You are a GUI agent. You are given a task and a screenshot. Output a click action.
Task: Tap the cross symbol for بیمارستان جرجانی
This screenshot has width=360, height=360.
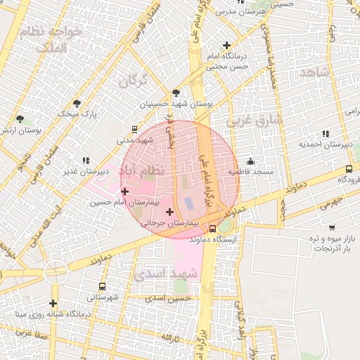click(169, 212)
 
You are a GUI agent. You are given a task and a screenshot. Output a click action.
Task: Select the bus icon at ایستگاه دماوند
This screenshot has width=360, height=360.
click(212, 229)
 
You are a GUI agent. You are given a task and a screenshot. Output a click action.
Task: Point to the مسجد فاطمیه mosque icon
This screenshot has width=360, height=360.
click(251, 162)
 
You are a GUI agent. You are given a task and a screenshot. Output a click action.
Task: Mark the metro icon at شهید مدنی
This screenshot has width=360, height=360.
click(134, 129)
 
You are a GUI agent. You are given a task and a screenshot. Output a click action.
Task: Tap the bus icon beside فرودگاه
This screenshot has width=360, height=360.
click(349, 169)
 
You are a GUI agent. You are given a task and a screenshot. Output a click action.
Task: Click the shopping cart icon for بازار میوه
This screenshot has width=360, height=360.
click(331, 229)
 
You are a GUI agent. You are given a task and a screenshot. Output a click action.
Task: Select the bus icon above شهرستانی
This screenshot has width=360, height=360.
click(103, 286)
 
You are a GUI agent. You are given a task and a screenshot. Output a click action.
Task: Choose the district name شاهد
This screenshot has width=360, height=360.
click(314, 72)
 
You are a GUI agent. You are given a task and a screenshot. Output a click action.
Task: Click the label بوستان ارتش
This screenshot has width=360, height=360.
click(20, 130)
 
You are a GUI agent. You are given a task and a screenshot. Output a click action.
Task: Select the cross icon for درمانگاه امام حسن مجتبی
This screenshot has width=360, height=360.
click(226, 45)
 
